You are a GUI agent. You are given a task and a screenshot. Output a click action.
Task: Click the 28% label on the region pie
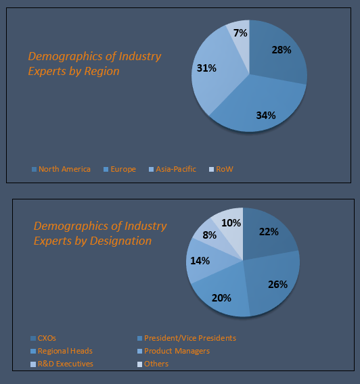(x=281, y=50)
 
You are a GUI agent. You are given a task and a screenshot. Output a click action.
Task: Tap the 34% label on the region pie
(x=265, y=115)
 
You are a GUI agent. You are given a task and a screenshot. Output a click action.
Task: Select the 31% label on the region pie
(x=206, y=68)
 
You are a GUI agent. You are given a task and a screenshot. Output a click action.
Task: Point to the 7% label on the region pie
(x=240, y=32)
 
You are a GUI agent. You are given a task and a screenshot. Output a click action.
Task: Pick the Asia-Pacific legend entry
(x=175, y=169)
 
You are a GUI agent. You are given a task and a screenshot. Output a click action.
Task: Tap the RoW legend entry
(x=224, y=169)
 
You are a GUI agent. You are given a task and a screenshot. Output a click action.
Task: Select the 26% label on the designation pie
(x=277, y=284)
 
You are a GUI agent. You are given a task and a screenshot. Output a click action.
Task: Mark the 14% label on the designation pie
(x=200, y=260)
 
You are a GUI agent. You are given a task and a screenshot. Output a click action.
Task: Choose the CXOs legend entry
(x=47, y=338)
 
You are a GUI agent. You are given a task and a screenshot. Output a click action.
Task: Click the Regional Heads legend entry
(x=65, y=351)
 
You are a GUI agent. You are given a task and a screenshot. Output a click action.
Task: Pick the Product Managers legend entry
(x=177, y=351)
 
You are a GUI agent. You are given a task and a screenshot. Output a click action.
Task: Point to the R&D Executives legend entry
(x=66, y=364)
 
